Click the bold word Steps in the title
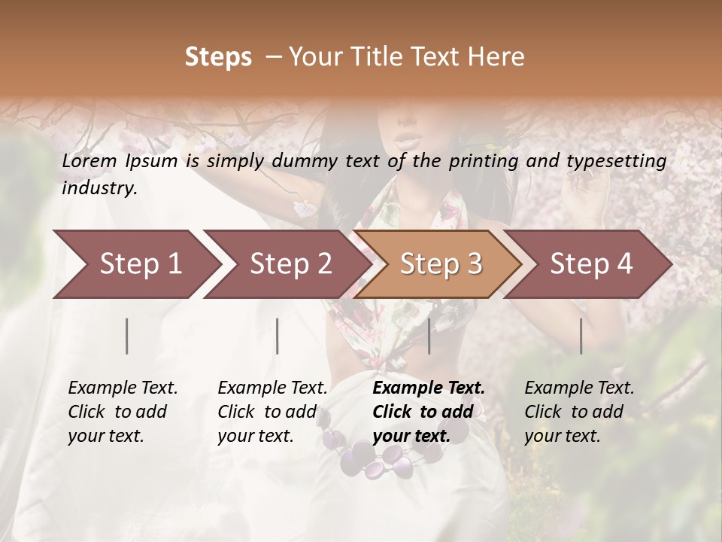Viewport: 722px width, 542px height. (x=218, y=57)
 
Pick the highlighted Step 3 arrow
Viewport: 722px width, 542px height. (x=441, y=263)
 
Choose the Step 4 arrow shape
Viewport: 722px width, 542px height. (x=591, y=263)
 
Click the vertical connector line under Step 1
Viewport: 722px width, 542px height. (x=127, y=336)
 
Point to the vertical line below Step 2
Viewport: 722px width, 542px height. (x=278, y=336)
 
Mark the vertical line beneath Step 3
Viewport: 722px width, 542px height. (x=429, y=336)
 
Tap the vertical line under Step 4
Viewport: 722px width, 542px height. (x=581, y=336)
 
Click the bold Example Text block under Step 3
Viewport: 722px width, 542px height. (x=429, y=412)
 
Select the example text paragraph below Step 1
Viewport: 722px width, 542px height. (x=123, y=412)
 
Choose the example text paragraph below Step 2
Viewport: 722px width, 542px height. (x=272, y=412)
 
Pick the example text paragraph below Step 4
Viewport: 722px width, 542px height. (x=579, y=412)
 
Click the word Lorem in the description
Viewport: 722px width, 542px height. (x=89, y=160)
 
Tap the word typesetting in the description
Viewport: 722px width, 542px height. (x=621, y=160)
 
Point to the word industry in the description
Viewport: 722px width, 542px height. (x=99, y=188)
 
